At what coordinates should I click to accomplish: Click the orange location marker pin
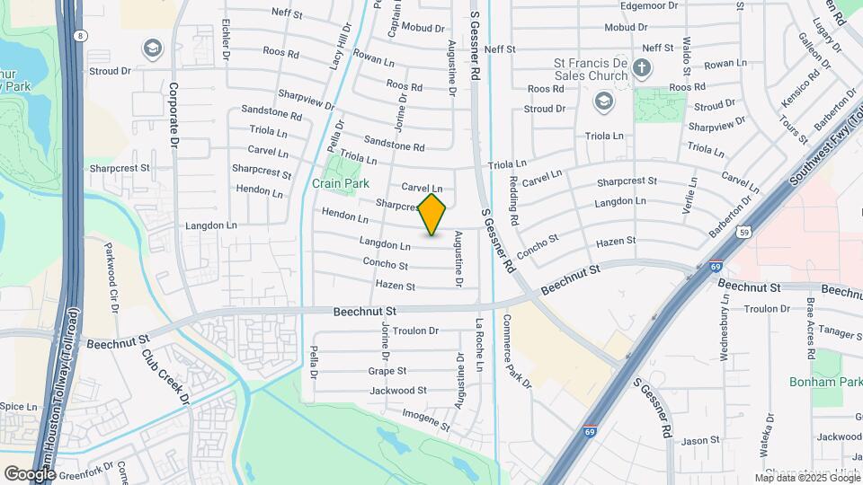pyautogui.click(x=432, y=215)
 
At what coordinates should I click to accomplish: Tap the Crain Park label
pyautogui.click(x=341, y=183)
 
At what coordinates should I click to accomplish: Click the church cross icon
pyautogui.click(x=641, y=68)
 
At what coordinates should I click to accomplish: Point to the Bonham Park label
pyautogui.click(x=825, y=383)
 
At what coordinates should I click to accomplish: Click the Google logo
pyautogui.click(x=29, y=473)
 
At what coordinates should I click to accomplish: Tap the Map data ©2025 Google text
pyautogui.click(x=806, y=478)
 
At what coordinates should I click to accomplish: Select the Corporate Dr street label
pyautogui.click(x=174, y=116)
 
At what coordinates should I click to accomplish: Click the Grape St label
pyautogui.click(x=387, y=370)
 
